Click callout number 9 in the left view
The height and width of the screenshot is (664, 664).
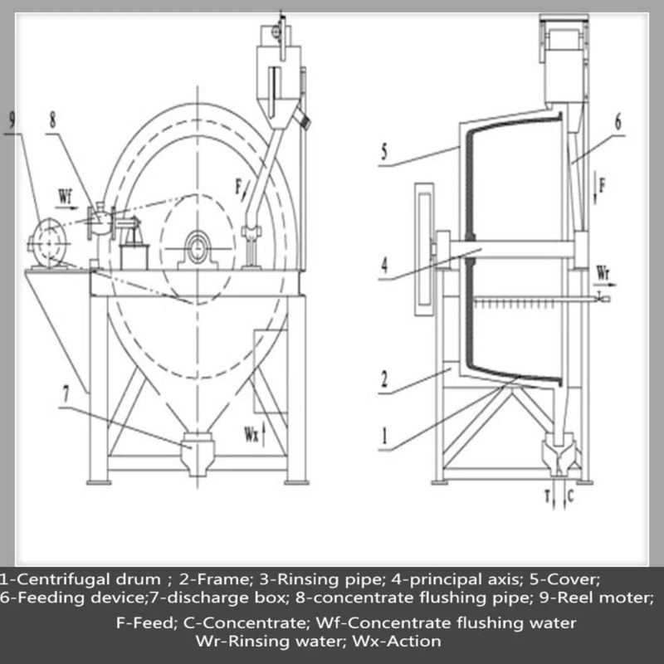coord(12,120)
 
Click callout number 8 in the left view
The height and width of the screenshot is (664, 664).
coord(52,120)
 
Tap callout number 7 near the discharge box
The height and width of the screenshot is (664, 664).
coord(66,395)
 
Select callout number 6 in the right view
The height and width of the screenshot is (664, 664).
coord(618,122)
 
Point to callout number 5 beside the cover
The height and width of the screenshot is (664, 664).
coord(383,152)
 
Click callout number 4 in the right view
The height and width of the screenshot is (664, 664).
coord(383,266)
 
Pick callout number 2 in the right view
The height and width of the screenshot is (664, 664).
coord(383,379)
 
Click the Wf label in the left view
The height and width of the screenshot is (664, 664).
coord(66,197)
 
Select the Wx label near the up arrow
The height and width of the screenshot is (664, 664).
coord(251,434)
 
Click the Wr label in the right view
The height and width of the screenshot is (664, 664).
coord(603,272)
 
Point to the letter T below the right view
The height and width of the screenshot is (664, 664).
coord(547,496)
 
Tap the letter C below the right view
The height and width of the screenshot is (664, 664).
coord(570,496)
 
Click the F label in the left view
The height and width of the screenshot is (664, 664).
coord(239,186)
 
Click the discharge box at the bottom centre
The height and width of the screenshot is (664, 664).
coord(198,453)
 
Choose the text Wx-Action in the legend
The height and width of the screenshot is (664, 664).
coord(398,641)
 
